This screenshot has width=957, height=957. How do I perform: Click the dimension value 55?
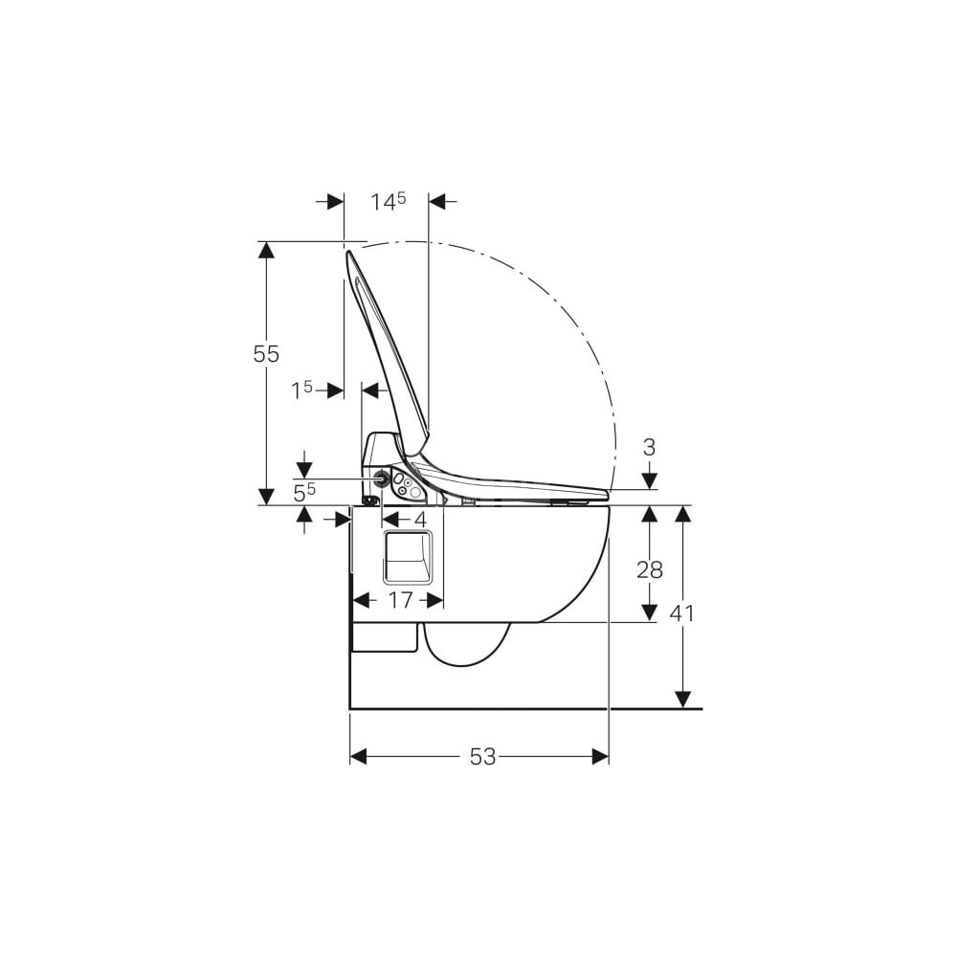[266, 354]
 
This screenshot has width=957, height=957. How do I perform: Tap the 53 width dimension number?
[482, 757]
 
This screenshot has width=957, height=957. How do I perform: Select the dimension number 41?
[682, 612]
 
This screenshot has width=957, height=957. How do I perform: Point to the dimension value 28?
[650, 570]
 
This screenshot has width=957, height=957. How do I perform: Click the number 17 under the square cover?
[401, 601]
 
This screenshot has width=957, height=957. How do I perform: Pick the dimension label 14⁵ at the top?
[389, 201]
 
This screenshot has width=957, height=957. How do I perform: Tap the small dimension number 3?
[650, 447]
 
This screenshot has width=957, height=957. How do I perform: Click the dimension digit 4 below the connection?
[420, 520]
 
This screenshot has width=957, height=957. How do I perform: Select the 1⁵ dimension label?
[301, 389]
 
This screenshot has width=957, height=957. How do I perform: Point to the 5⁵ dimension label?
[304, 493]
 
